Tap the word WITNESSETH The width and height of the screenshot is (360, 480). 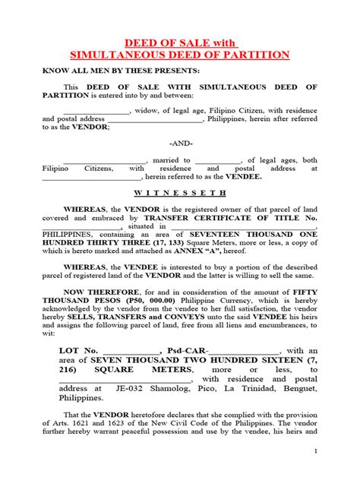click(180, 193)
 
